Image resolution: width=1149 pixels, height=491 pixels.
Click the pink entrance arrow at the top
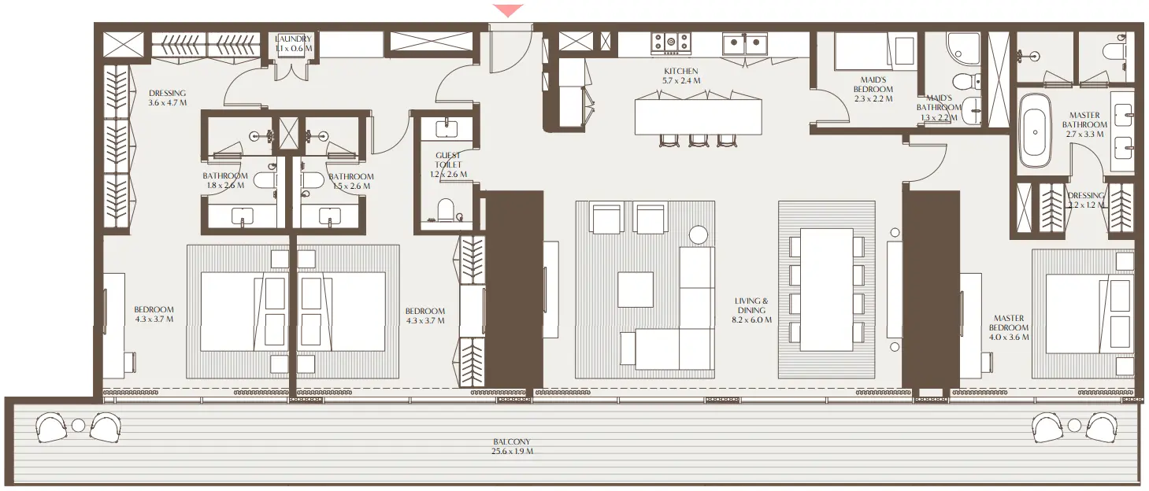pyautogui.click(x=508, y=9)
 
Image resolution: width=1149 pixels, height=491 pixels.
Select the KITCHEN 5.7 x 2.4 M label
pyautogui.click(x=680, y=76)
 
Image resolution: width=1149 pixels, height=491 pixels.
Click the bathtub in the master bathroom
pyautogui.click(x=1034, y=130)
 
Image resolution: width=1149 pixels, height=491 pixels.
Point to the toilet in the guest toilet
pyautogui.click(x=447, y=210)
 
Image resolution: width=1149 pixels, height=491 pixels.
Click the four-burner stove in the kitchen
pyautogui.click(x=670, y=42)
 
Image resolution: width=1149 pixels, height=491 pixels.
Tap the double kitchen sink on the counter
pyautogui.click(x=745, y=44)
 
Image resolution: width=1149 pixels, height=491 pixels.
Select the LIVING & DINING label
pyautogui.click(x=751, y=310)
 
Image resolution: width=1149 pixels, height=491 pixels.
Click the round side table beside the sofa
pyautogui.click(x=698, y=234)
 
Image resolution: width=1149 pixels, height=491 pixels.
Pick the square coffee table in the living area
pyautogui.click(x=635, y=289)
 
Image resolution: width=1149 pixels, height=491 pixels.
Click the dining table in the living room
pyautogui.click(x=826, y=290)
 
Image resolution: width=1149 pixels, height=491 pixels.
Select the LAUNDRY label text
pyautogui.click(x=293, y=43)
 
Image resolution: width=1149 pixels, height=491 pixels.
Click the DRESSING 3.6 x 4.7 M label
pyautogui.click(x=167, y=98)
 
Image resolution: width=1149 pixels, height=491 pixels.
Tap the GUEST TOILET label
pyautogui.click(x=447, y=164)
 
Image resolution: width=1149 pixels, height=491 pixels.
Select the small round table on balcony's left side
pyautogui.click(x=78, y=426)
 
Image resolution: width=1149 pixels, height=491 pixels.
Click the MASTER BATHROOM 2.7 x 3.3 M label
pyautogui.click(x=1084, y=124)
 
